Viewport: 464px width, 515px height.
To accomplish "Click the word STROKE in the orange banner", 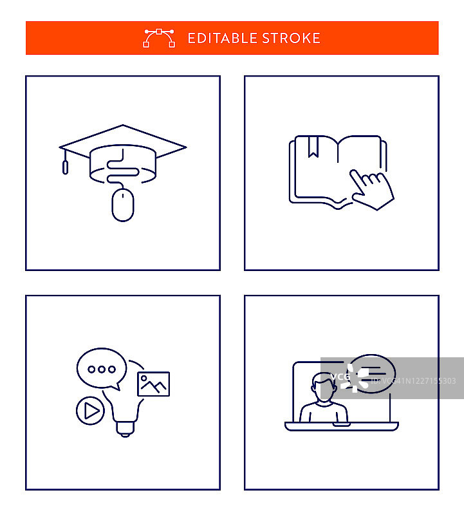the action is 292,38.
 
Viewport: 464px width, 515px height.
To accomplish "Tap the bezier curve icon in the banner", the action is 159,38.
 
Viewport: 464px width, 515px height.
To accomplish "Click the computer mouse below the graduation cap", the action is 123,205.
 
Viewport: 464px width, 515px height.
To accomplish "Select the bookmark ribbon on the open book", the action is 313,147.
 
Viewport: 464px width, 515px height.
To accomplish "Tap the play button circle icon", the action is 90,411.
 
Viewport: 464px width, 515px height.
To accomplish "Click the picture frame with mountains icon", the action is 154,384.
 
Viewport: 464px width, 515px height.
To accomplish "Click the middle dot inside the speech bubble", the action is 102,370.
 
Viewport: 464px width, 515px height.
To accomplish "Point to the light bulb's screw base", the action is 125,429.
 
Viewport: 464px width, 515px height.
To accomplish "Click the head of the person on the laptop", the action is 324,387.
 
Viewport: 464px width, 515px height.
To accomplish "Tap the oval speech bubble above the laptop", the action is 372,374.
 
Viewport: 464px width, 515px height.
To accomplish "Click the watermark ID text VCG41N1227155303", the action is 413,381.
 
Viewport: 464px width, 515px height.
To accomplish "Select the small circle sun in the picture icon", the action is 144,379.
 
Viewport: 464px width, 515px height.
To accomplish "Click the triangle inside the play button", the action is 91,411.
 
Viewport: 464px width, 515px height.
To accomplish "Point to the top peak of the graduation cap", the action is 123,125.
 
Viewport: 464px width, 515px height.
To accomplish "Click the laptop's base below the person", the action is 342,426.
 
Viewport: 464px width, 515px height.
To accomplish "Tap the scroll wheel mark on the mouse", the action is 123,196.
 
